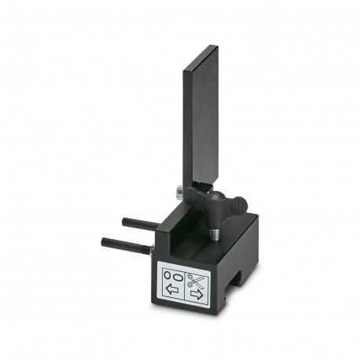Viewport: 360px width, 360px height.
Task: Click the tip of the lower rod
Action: pyautogui.click(x=103, y=239)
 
